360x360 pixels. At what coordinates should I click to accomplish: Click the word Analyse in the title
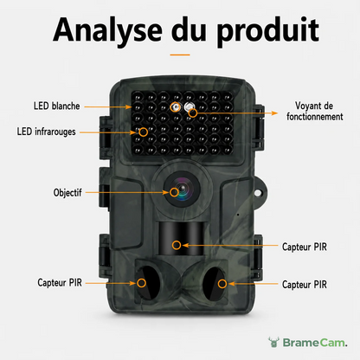107,30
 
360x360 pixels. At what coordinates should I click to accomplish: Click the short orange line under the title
180,55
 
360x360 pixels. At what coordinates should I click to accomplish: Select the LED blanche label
56,106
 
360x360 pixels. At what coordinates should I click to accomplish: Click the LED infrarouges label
46,132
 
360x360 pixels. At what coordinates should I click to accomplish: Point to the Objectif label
67,192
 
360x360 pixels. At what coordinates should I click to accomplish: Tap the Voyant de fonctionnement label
315,111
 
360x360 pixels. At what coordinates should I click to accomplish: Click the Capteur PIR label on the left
60,282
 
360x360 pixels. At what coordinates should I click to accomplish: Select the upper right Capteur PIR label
305,247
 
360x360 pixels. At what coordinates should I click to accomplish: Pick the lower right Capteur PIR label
305,285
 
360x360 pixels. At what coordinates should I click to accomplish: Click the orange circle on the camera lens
174,192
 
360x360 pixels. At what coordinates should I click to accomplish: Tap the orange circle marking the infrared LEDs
144,132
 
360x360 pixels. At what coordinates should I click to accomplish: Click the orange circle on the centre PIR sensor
177,245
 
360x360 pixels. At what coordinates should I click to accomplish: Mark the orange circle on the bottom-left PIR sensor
141,283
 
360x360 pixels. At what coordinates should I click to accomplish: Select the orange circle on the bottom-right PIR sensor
222,284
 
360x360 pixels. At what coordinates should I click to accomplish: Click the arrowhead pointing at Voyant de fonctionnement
274,113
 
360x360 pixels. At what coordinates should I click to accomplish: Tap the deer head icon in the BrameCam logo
273,342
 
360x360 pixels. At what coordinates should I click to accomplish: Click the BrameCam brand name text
315,343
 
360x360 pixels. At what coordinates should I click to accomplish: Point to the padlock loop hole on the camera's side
258,192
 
